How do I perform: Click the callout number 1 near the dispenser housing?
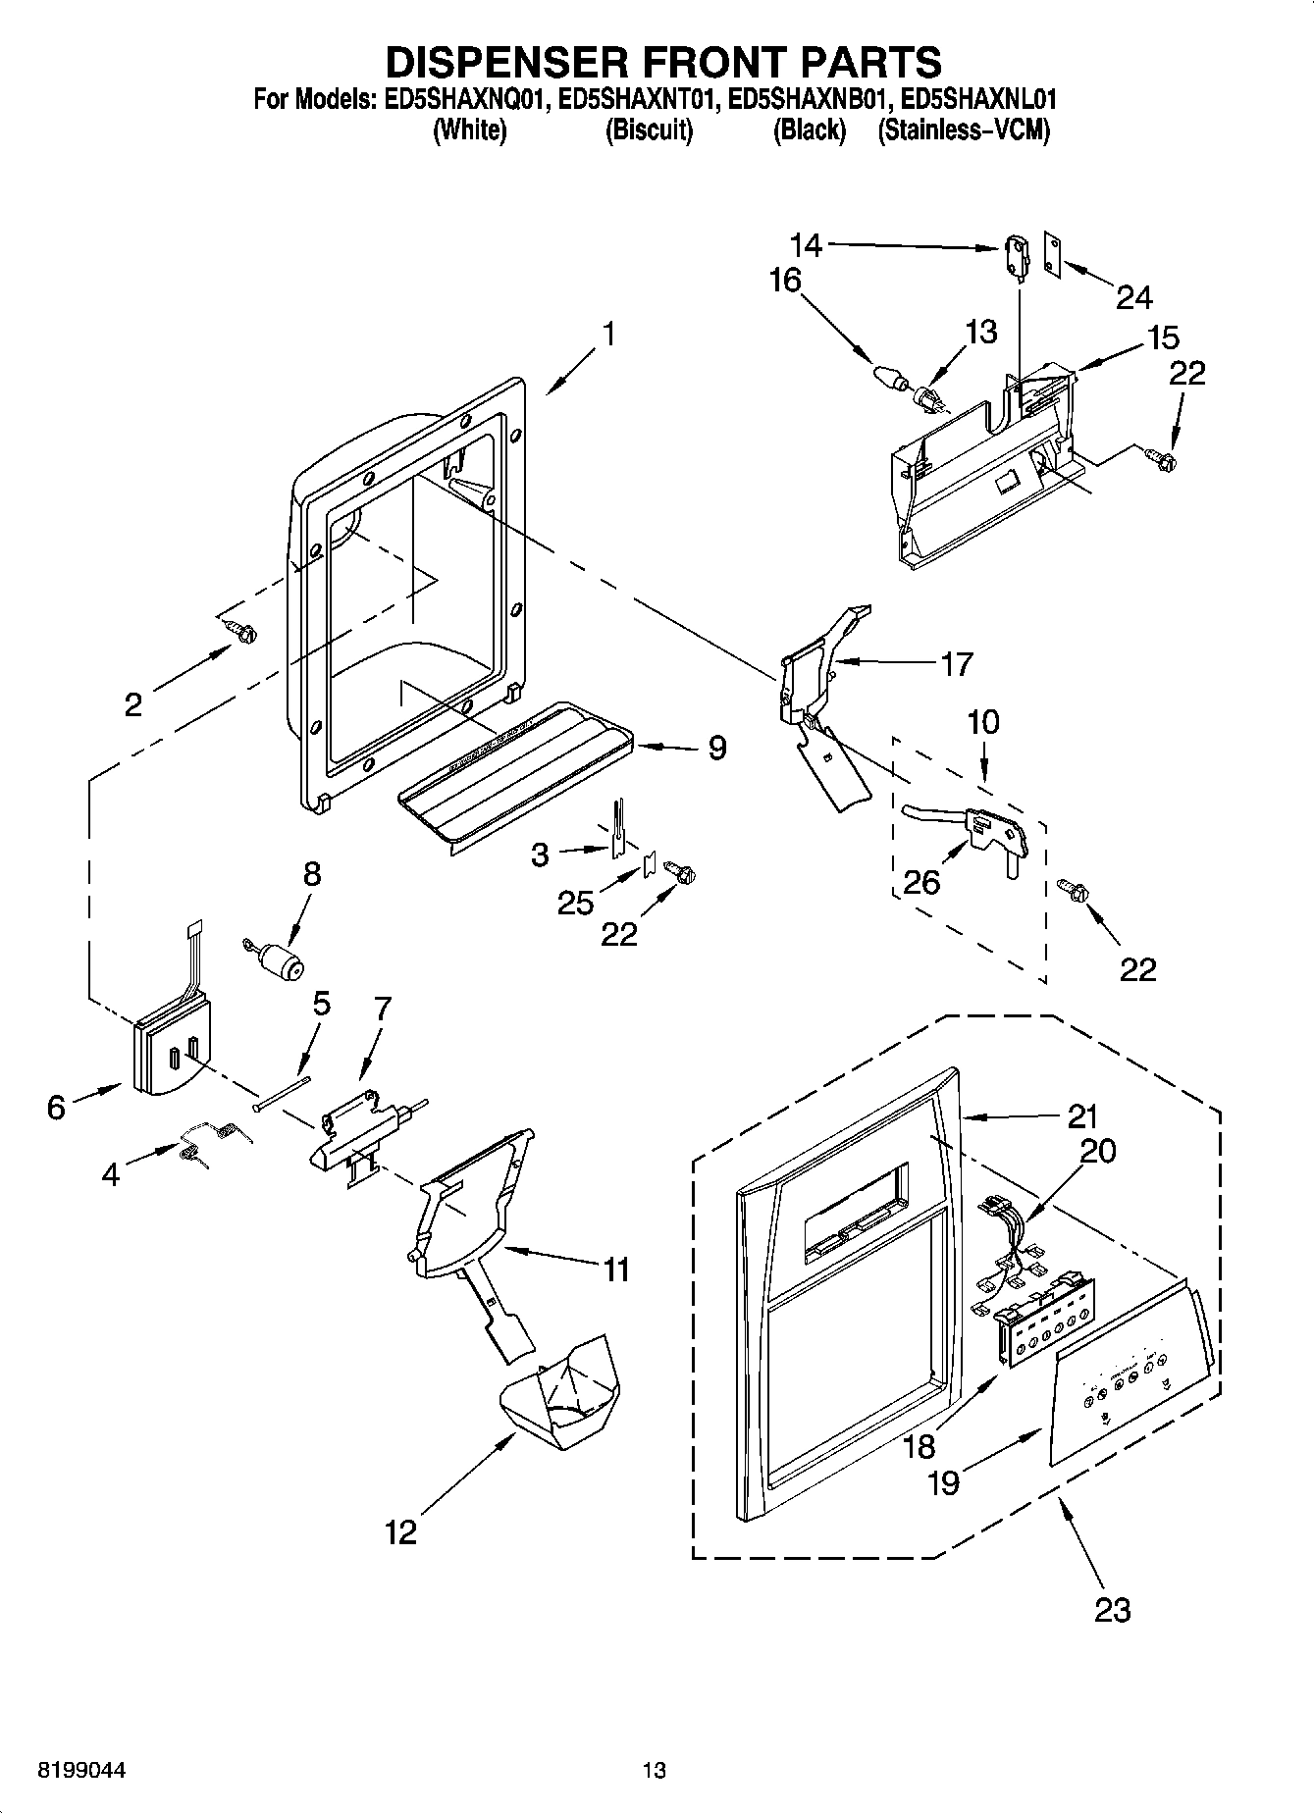tap(609, 335)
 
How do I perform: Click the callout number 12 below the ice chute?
tap(400, 1531)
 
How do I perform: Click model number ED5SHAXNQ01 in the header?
tap(458, 99)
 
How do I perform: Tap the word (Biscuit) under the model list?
tap(649, 130)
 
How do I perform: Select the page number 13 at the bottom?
tap(654, 1770)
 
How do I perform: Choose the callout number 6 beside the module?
tap(56, 1108)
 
